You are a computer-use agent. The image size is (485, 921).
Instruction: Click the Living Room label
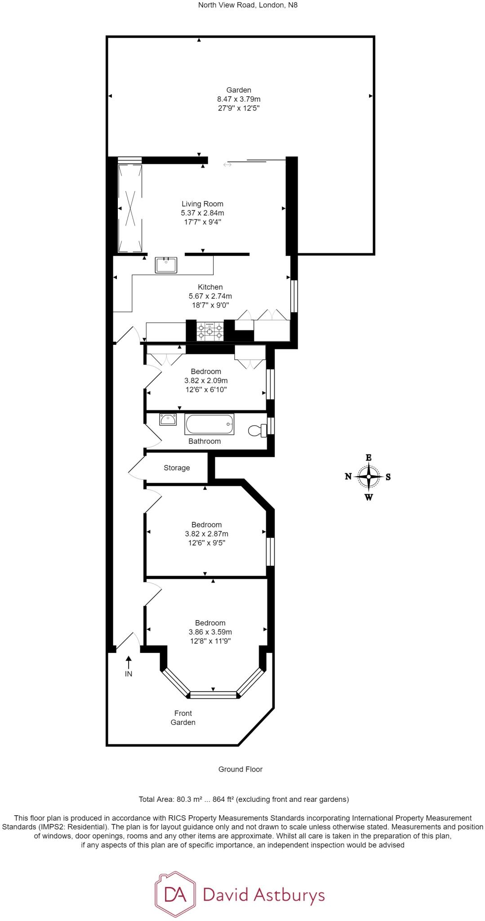point(202,204)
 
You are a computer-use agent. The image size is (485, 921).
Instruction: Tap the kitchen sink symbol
point(166,265)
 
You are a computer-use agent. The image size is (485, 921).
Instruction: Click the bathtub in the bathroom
point(209,425)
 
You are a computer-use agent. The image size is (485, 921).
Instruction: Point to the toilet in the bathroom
point(257,431)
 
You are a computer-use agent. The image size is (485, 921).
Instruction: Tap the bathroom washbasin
point(168,420)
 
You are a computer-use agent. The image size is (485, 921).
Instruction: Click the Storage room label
point(177,468)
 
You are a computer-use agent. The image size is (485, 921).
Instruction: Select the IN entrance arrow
point(129,662)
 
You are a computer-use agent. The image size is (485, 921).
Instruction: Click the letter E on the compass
point(369,457)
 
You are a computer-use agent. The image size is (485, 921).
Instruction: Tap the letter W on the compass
point(369,497)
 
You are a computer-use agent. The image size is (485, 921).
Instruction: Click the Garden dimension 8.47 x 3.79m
point(239,99)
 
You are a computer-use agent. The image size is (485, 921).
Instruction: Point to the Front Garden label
point(183,718)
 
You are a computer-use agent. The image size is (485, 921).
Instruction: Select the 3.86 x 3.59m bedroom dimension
point(210,632)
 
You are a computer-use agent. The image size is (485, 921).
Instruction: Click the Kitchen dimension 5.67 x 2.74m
point(210,296)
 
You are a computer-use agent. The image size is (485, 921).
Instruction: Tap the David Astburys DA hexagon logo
point(175,895)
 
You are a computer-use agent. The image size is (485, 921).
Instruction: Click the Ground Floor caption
point(240,769)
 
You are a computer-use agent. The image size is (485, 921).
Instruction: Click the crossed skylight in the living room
point(130,208)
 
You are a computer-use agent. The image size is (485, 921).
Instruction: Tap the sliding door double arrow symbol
point(227,165)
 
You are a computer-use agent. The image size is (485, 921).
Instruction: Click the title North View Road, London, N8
point(241,5)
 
